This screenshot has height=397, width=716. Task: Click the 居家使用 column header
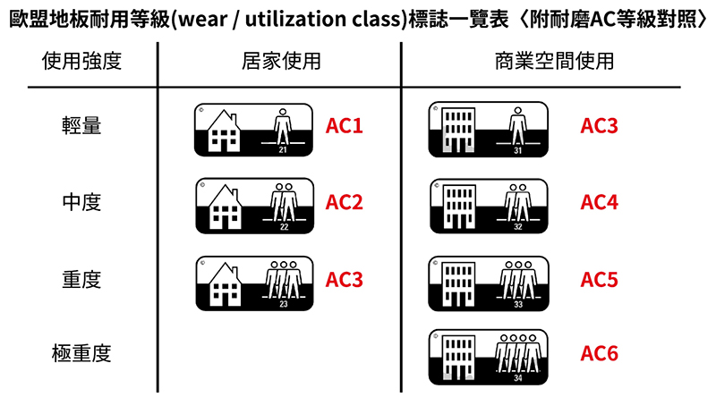click(281, 63)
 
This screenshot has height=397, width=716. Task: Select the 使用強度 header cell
click(81, 63)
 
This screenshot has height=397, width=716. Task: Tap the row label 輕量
click(81, 126)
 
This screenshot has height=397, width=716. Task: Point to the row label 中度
click(81, 203)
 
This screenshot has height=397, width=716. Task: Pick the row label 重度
click(81, 279)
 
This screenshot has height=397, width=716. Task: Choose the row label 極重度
click(81, 354)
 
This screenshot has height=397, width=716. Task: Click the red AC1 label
click(345, 126)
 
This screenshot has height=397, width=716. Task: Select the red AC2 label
click(345, 203)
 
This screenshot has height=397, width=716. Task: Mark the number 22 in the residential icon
click(284, 227)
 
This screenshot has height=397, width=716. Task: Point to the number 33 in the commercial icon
click(518, 304)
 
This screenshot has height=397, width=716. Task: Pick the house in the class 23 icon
click(225, 285)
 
